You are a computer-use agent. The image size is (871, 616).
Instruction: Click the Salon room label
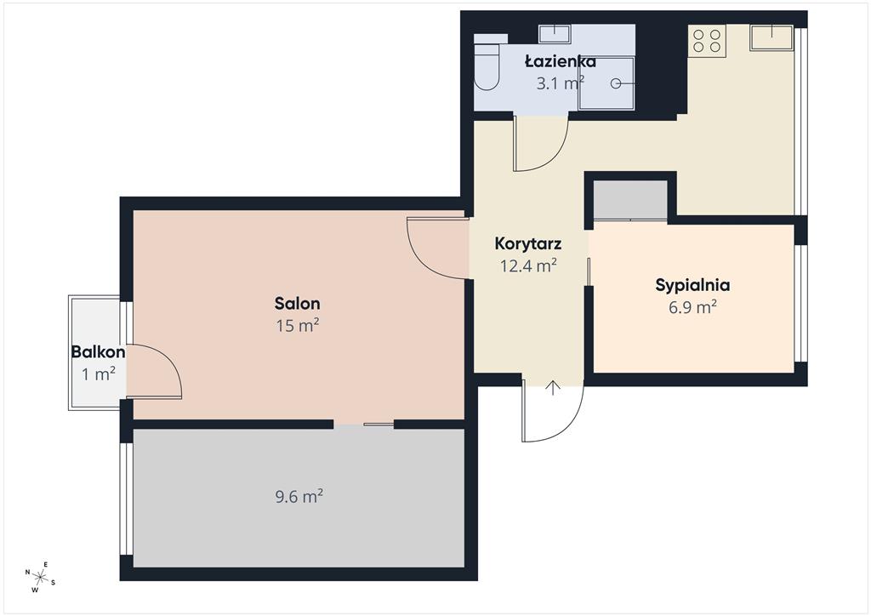coord(297,303)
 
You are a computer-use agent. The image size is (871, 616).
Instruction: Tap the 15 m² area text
coord(298,325)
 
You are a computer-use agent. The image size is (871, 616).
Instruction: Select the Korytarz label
coord(528,244)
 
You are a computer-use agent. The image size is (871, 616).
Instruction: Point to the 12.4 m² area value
coord(529,265)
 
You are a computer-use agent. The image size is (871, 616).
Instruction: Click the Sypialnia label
coord(692,286)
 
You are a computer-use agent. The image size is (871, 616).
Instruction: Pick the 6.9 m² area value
coord(692,306)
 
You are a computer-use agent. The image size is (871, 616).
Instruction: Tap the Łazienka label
coord(561,61)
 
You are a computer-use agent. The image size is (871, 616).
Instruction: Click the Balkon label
coord(98,352)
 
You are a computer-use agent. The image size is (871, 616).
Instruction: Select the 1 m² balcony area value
coord(99,374)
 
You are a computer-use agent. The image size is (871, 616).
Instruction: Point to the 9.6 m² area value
coord(299,496)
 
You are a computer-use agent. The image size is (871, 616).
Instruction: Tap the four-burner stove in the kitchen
coord(707,41)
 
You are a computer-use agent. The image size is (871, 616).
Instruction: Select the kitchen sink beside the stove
coord(771,37)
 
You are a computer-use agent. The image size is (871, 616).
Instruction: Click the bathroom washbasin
coord(555,33)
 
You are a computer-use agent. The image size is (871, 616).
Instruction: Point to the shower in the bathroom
coord(606,83)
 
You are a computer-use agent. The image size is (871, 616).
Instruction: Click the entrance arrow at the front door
coord(553,388)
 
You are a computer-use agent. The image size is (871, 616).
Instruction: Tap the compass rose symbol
coord(40,577)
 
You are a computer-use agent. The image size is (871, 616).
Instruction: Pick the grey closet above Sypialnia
coord(630,200)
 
